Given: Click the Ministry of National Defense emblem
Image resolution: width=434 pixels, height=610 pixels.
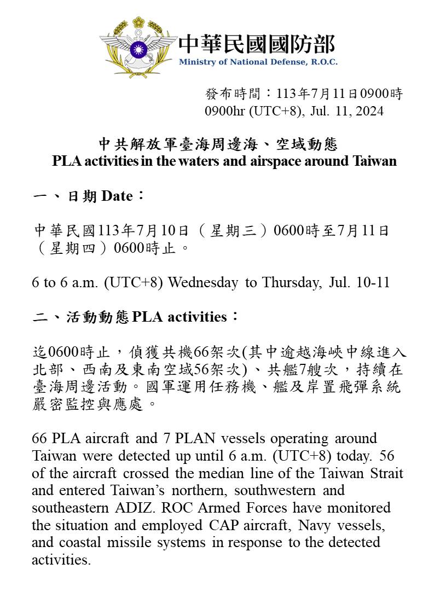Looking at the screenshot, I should [138, 48].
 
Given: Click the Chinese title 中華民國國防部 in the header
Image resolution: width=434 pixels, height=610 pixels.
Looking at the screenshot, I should [257, 44].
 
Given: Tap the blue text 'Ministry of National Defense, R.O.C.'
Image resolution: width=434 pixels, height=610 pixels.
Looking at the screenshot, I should [258, 62].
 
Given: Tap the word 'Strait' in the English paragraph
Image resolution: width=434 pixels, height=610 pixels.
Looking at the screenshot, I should [387, 473].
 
